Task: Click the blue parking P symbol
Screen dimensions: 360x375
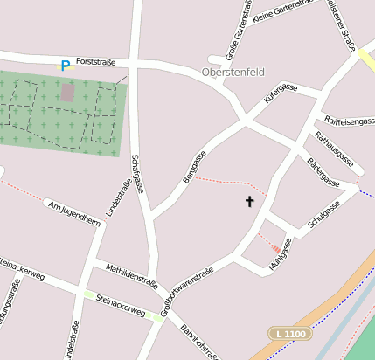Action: [65, 66]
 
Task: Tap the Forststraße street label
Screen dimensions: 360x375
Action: [95, 63]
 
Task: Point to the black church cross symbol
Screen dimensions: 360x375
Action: [249, 202]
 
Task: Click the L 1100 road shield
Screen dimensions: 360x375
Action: [289, 333]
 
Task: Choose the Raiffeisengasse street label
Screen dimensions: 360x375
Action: [348, 121]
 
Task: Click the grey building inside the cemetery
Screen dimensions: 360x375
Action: [67, 92]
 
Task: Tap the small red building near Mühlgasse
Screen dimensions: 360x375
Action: [275, 247]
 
